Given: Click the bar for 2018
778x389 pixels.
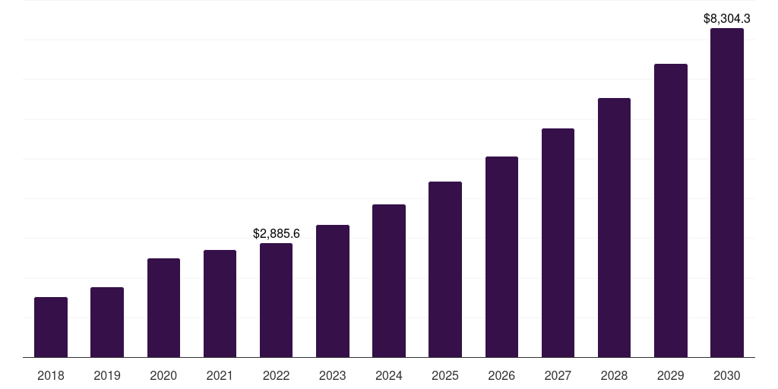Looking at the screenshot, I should point(51,327).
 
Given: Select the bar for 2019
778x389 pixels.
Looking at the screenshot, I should point(107,322).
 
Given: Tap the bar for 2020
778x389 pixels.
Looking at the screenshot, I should point(163,308).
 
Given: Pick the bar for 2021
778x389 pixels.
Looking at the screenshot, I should point(220,303).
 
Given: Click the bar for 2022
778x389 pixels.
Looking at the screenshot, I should point(276,300).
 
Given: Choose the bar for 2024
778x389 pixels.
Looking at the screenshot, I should point(389,280).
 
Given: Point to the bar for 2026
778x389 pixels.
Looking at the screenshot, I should point(501,257).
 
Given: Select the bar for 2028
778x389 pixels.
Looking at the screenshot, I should point(614,227).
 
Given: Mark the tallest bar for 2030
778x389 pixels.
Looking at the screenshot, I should point(726,193).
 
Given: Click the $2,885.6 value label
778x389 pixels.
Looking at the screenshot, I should point(276,234).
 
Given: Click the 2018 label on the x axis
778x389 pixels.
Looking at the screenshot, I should point(51,375).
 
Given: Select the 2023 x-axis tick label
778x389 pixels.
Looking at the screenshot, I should point(332,375).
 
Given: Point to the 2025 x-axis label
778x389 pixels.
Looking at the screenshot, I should point(445,375).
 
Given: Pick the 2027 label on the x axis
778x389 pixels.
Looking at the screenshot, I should point(558,375).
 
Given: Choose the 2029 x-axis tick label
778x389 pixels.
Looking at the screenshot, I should point(670,375).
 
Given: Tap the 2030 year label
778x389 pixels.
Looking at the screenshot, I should point(726,375).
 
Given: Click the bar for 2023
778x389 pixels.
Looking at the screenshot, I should point(332,291).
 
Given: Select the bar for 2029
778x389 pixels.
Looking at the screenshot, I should point(670,210).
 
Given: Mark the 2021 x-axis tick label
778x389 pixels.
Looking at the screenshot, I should point(220,375).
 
